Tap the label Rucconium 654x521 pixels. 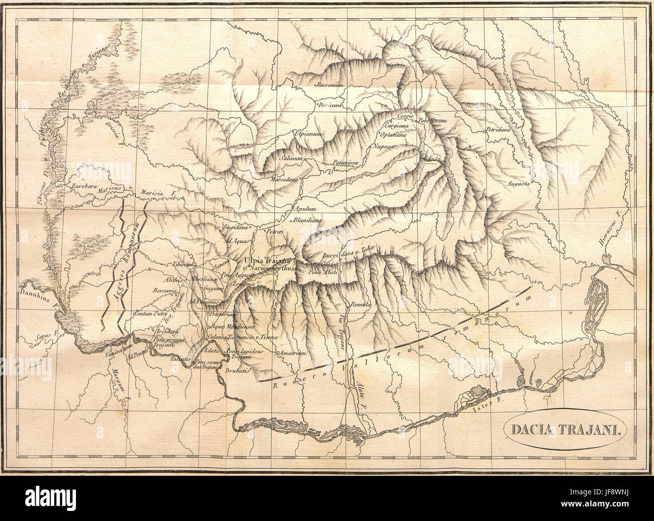[330, 85]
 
